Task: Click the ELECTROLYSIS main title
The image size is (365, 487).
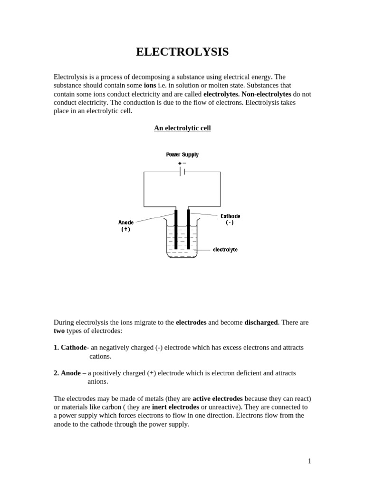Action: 182,52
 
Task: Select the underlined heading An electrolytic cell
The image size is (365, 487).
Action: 182,128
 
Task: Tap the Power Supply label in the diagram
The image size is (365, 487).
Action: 182,155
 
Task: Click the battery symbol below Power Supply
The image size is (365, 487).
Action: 182,172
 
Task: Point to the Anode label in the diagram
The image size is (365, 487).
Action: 126,222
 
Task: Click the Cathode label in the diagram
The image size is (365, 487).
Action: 230,216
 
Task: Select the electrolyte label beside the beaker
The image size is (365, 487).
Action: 225,249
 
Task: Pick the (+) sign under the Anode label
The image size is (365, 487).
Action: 126,229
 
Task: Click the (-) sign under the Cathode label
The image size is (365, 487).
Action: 230,223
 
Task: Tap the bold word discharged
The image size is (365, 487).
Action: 261,322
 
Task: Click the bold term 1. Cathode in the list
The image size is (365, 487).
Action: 70,348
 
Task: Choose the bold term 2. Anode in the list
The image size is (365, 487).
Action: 67,373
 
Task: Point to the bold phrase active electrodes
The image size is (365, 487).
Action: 217,399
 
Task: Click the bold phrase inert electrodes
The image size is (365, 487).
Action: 175,407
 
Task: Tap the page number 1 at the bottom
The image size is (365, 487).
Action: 309,461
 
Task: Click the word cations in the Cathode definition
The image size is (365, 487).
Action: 100,356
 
